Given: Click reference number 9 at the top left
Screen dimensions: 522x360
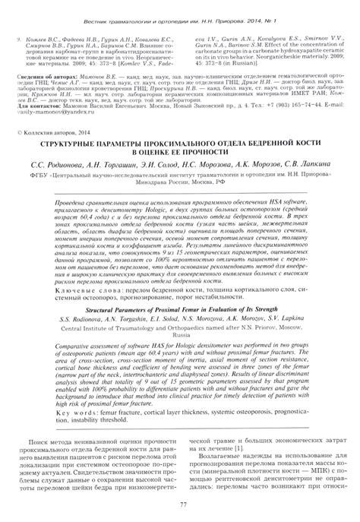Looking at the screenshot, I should tap(17, 36).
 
